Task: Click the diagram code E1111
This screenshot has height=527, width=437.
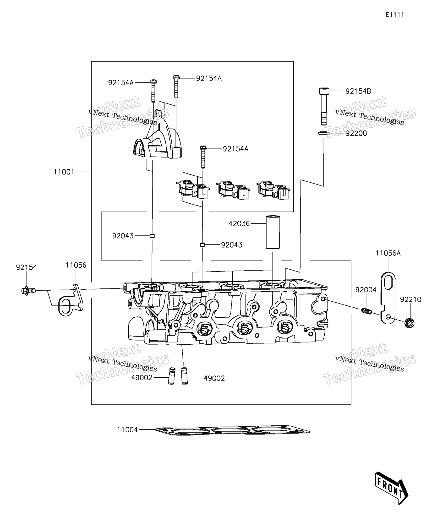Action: tap(395, 15)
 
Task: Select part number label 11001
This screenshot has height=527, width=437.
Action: tap(64, 172)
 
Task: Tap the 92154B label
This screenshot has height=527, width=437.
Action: tap(358, 91)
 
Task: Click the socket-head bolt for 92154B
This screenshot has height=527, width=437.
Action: tap(324, 106)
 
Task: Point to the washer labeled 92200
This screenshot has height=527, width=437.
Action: tap(324, 133)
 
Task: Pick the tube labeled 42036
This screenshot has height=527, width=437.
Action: tap(273, 232)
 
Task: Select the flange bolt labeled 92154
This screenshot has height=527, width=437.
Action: tap(29, 291)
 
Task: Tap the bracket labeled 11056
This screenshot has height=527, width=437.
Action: tap(71, 300)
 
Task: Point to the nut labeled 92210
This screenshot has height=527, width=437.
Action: tap(410, 323)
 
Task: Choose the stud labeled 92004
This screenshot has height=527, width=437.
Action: tap(366, 311)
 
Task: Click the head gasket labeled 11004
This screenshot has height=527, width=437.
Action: tap(232, 431)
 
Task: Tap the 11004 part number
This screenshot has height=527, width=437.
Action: tap(127, 430)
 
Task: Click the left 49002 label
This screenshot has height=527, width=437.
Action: tap(142, 378)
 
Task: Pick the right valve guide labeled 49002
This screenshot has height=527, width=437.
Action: tap(184, 376)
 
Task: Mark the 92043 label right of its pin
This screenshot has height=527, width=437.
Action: tap(232, 245)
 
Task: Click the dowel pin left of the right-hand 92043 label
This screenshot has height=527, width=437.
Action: tap(202, 245)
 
